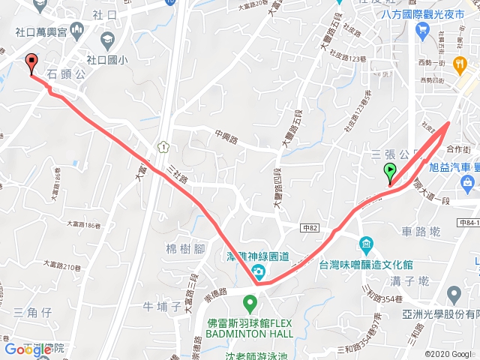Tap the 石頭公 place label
pyautogui.click(x=67, y=74)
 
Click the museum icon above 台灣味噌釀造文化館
pyautogui.click(x=366, y=244)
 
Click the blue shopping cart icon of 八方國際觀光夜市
pyautogui.click(x=422, y=31)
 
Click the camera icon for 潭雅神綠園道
pyautogui.click(x=257, y=270)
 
